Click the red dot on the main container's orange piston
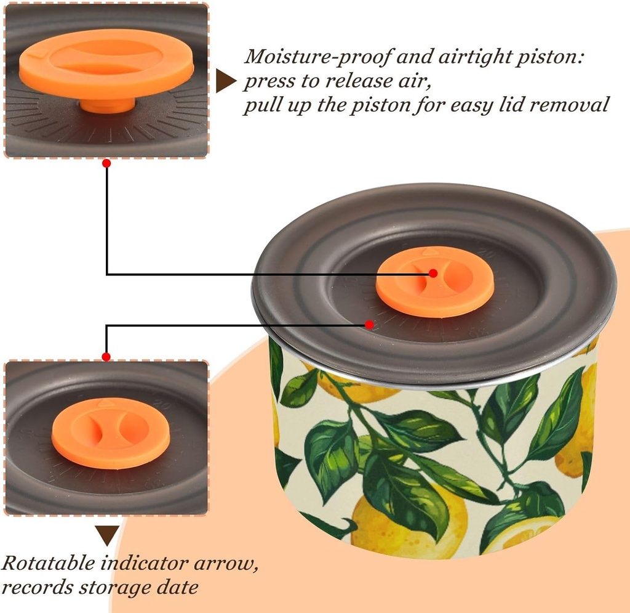pyautogui.click(x=433, y=273)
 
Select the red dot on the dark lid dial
pyautogui.click(x=369, y=324)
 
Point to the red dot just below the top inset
pyautogui.click(x=106, y=164)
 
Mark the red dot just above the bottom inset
pyautogui.click(x=106, y=357)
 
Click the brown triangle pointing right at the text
pyautogui.click(x=226, y=81)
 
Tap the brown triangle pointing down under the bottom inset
pyautogui.click(x=108, y=535)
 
